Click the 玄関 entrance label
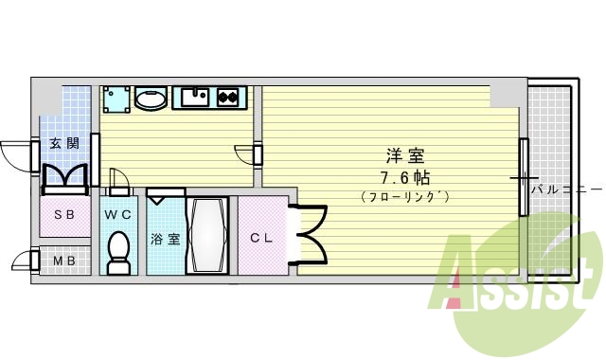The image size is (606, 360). (x=64, y=145)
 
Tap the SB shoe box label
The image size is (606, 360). (x=64, y=214)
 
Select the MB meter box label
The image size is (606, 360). (x=64, y=261)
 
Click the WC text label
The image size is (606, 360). (x=117, y=214)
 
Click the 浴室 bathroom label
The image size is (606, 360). (x=165, y=239)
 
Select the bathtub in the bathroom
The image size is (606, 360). (x=207, y=235)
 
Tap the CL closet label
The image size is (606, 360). (x=261, y=238)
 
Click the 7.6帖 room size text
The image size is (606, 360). (x=399, y=177)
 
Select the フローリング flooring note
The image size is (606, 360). (x=404, y=197)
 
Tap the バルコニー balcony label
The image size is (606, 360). (x=565, y=189)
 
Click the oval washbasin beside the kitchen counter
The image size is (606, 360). (x=151, y=99)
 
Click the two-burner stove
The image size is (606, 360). (x=229, y=96)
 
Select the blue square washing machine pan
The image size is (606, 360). (x=116, y=99)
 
